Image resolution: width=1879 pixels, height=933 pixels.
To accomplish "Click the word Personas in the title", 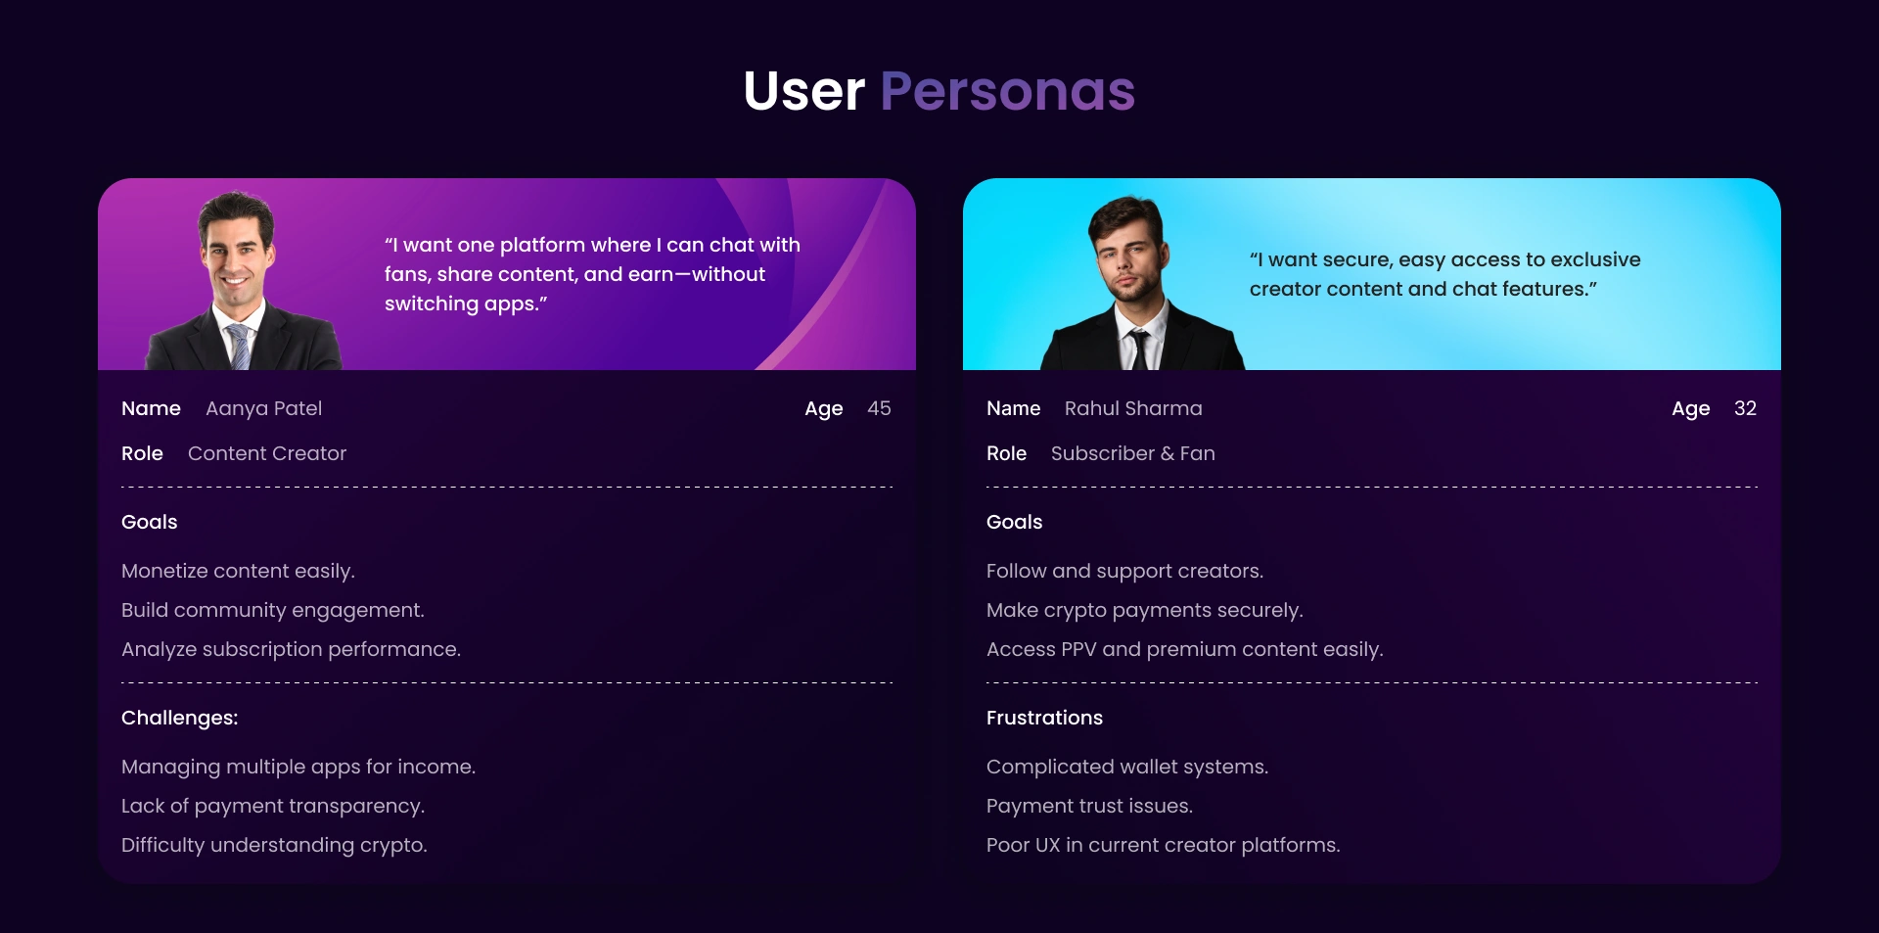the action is [1007, 92].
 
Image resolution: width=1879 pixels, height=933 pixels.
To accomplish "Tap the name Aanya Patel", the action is [263, 409].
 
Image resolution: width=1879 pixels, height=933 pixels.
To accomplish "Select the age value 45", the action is [879, 408].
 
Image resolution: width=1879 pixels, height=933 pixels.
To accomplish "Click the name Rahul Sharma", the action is [1133, 408].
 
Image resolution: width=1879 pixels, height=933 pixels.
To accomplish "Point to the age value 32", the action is [1745, 408].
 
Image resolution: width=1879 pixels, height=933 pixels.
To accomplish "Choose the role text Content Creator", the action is [267, 453].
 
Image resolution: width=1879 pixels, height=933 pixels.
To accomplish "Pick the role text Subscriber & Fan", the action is [1133, 453].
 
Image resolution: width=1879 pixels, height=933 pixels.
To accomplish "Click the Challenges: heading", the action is [180, 718].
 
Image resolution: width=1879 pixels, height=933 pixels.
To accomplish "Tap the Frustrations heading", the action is [1044, 718].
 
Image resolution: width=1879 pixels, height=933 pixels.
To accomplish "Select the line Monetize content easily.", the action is [238, 571].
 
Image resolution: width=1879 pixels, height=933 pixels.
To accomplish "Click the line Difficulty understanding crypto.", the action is [274, 845].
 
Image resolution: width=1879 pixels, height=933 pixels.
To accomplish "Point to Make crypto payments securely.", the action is [1145, 610].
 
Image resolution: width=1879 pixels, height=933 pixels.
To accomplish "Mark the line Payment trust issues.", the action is [1089, 806].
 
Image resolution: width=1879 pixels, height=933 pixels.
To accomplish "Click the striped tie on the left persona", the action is [238, 346].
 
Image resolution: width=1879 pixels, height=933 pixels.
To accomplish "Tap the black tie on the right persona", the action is [1138, 350].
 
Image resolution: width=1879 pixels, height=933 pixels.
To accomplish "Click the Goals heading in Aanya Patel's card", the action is [150, 522].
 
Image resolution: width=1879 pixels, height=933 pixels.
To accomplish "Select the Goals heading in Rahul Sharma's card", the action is [1015, 522].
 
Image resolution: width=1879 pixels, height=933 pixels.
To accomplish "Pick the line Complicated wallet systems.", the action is [1127, 767].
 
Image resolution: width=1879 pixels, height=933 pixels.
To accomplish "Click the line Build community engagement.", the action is [273, 610].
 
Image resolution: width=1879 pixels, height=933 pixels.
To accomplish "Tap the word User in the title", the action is [804, 92].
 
